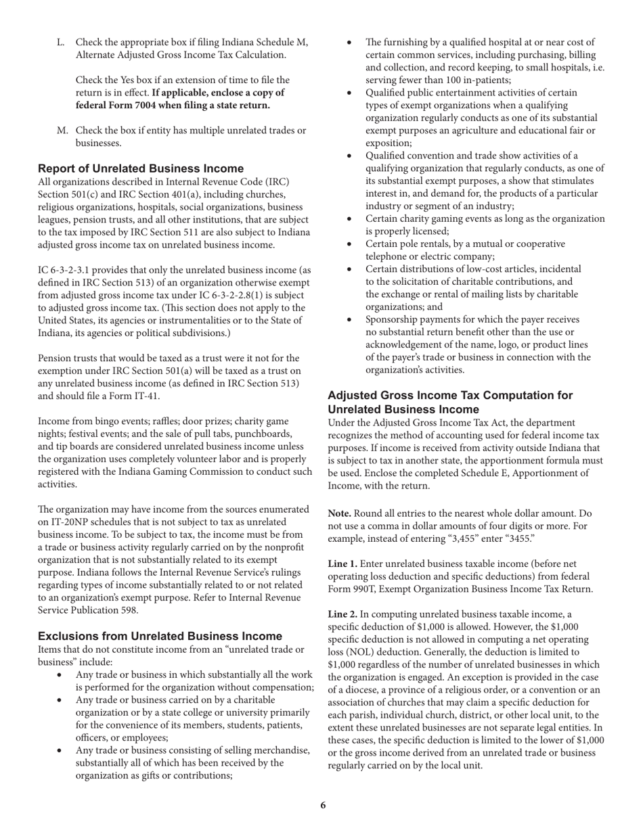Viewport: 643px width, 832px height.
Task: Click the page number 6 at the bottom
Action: click(323, 805)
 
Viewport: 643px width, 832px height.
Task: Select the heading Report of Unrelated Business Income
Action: click(140, 168)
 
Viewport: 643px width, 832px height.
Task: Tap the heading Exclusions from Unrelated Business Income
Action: click(160, 636)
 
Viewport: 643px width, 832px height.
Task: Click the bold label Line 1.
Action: click(343, 564)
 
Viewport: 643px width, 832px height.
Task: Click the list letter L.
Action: click(61, 43)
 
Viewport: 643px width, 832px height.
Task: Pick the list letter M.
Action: click(62, 131)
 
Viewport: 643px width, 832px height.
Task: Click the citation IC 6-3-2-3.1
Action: click(68, 270)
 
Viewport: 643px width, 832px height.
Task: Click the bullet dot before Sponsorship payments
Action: click(349, 320)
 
